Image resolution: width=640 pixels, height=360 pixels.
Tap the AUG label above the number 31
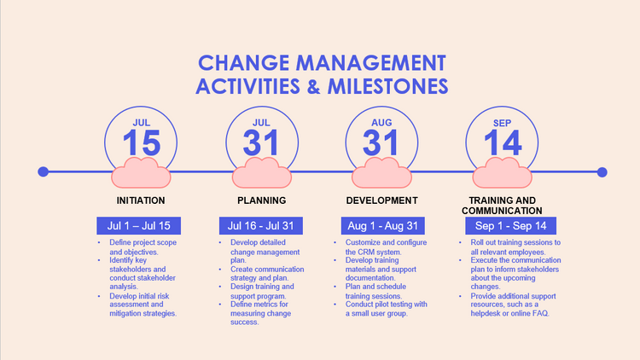(381, 122)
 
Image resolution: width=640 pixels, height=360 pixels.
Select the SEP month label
(503, 122)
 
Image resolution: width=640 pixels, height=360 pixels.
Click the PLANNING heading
(261, 200)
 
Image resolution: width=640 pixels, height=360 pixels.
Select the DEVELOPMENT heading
(381, 200)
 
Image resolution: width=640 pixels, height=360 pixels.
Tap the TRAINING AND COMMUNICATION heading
(502, 206)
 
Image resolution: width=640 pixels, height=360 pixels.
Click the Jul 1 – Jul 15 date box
(140, 225)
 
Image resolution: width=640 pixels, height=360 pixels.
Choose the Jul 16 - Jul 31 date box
(261, 225)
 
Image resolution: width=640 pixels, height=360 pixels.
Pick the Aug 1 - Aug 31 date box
(381, 225)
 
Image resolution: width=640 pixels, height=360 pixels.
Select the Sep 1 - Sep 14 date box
(503, 225)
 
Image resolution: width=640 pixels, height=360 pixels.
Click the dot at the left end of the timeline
(44, 172)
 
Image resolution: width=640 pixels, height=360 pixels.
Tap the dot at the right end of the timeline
(602, 172)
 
